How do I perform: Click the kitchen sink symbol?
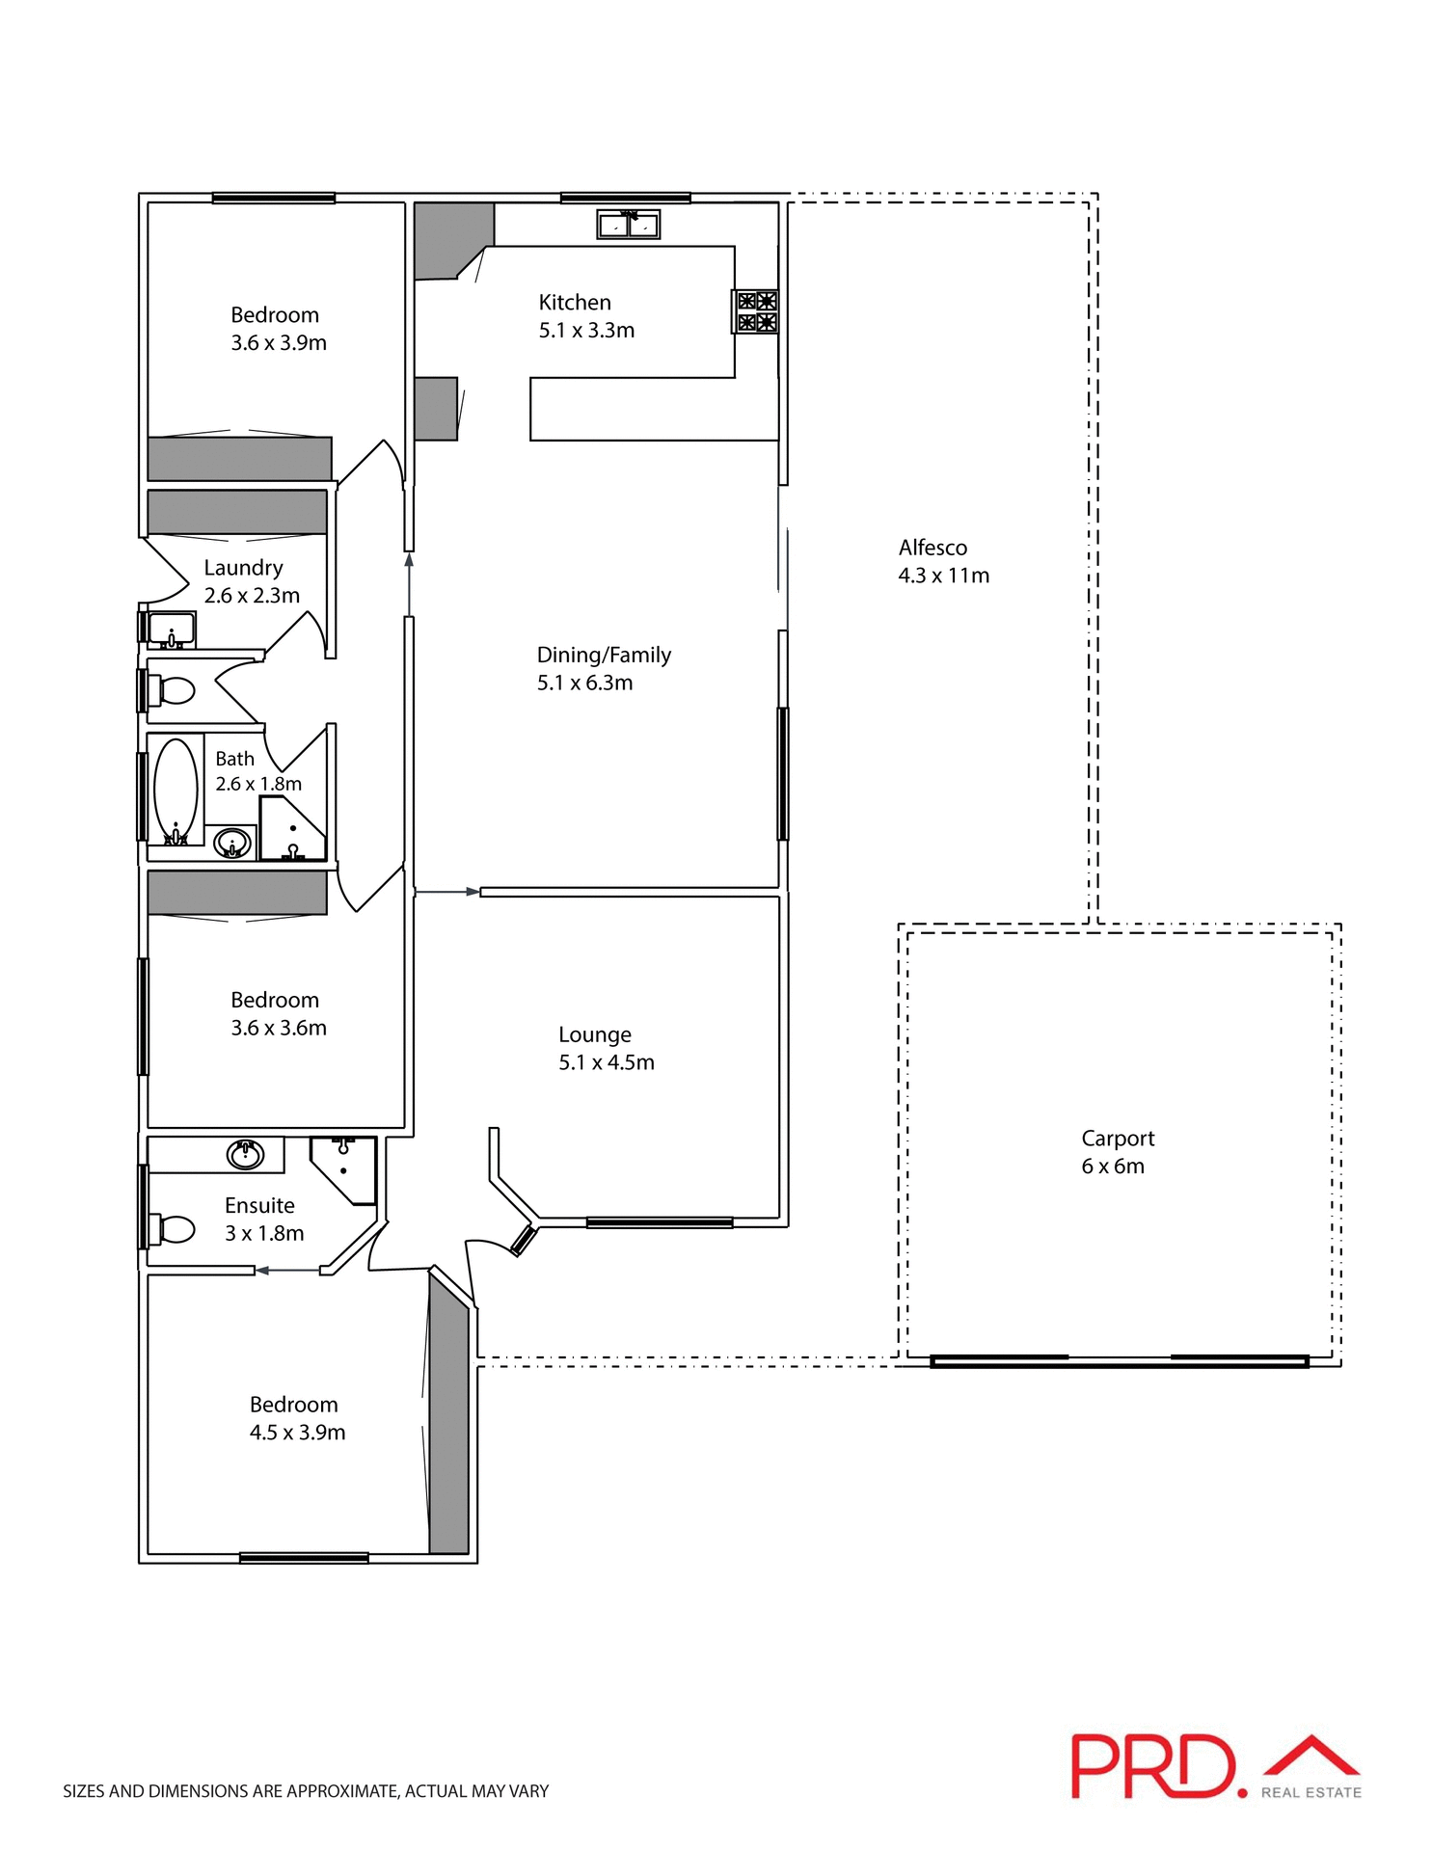tap(628, 225)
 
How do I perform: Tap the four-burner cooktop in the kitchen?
tap(756, 311)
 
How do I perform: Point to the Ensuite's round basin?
tap(245, 1154)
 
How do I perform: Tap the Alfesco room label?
tap(932, 548)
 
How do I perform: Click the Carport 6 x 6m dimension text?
tap(1112, 1166)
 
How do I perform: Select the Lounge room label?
tap(594, 1034)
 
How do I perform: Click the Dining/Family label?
tap(603, 655)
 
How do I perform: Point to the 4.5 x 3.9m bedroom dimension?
tap(297, 1432)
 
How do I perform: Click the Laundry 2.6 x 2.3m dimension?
tap(252, 596)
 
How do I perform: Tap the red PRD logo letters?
tap(1152, 1766)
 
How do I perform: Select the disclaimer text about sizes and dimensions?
tap(306, 1791)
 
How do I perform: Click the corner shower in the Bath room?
tap(292, 829)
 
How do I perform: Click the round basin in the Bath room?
tap(232, 844)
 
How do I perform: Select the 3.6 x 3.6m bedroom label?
tap(278, 1028)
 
